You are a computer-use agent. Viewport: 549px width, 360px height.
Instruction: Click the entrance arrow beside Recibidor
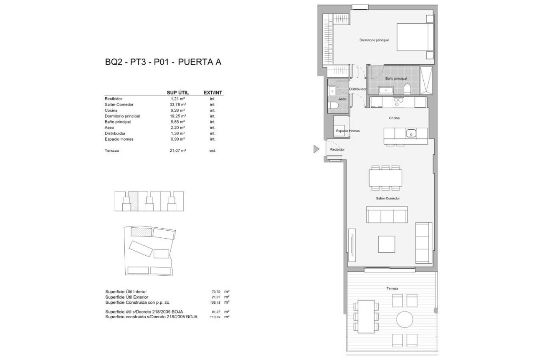(x=316, y=149)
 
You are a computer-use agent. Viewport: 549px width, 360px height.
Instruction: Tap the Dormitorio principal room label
(x=374, y=40)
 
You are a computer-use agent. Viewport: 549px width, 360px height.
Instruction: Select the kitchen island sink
(x=411, y=134)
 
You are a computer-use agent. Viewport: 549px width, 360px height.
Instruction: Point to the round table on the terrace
(x=405, y=320)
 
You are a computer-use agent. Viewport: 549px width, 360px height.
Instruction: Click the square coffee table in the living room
(x=387, y=244)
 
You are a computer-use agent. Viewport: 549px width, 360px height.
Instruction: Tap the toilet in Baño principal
(x=407, y=89)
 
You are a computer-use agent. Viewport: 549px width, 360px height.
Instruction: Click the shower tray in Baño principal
(x=426, y=80)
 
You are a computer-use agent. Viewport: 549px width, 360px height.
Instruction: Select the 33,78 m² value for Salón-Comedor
(x=178, y=105)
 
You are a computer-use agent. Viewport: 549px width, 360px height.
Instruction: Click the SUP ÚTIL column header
(x=178, y=93)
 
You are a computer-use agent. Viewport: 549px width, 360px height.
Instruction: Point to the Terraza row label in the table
(x=112, y=151)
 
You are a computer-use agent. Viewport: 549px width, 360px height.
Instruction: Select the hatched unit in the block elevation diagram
(x=133, y=201)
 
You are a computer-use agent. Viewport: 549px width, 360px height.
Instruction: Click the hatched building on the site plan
(x=141, y=232)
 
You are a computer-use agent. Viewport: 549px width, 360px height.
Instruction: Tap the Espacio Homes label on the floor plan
(x=348, y=131)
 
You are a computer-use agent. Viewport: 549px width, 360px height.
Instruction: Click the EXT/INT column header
(x=213, y=93)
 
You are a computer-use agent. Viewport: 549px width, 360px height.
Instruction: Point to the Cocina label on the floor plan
(x=394, y=118)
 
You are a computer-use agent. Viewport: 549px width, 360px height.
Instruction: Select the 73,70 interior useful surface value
(x=216, y=292)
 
